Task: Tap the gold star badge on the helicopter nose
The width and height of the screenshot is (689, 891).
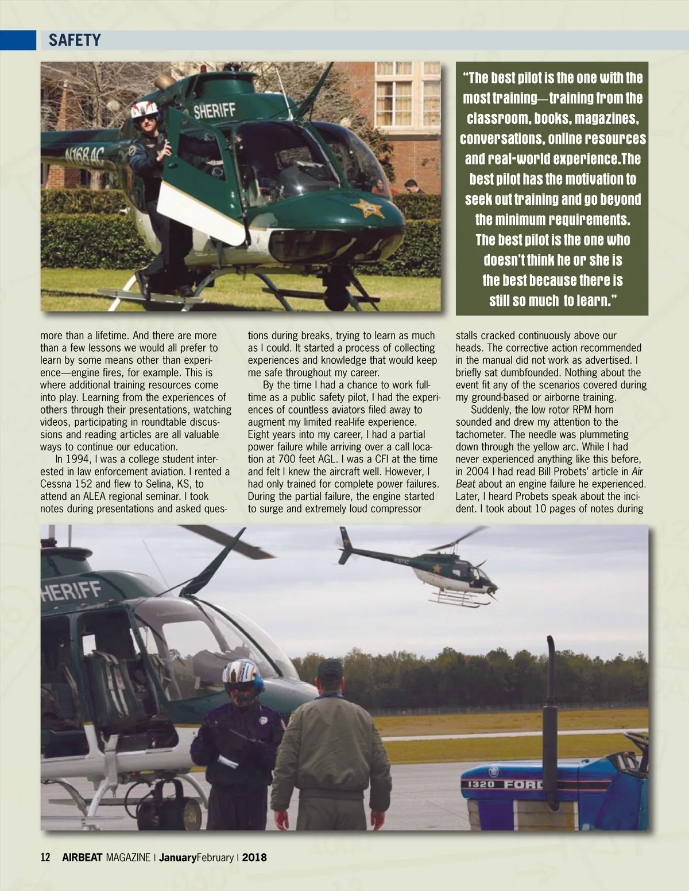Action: [367, 207]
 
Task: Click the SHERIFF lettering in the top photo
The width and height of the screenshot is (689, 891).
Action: [214, 110]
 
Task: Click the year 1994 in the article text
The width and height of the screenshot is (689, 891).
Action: [78, 459]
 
